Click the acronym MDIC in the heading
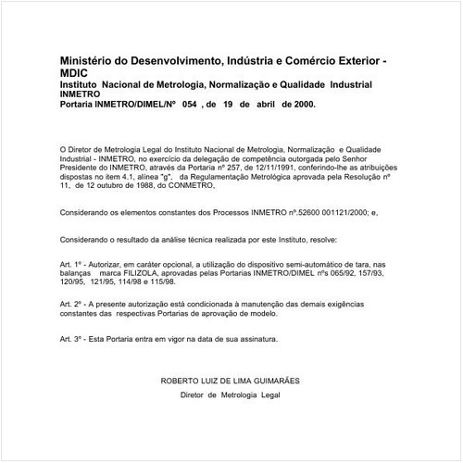(75, 73)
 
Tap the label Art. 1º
(72, 265)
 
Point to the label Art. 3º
(72, 339)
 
